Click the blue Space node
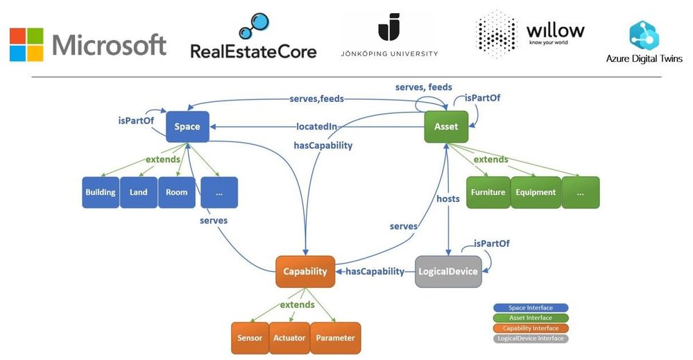coord(187,126)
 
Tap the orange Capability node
coord(305,271)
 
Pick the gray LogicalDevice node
coord(448,271)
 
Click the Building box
coord(101,192)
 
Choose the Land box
coord(139,192)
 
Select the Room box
coord(177,192)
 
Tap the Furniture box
coord(488,192)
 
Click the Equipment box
coord(535,192)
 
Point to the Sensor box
coord(250,338)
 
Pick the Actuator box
coord(289,338)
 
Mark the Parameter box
coord(336,338)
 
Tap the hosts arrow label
coord(448,199)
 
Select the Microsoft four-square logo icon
coord(26,44)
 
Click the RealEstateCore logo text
coord(253,51)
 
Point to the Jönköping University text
coord(389,53)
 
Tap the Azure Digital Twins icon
coord(644,35)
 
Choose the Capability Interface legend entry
coord(531,328)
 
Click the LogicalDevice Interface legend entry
coord(531,338)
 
